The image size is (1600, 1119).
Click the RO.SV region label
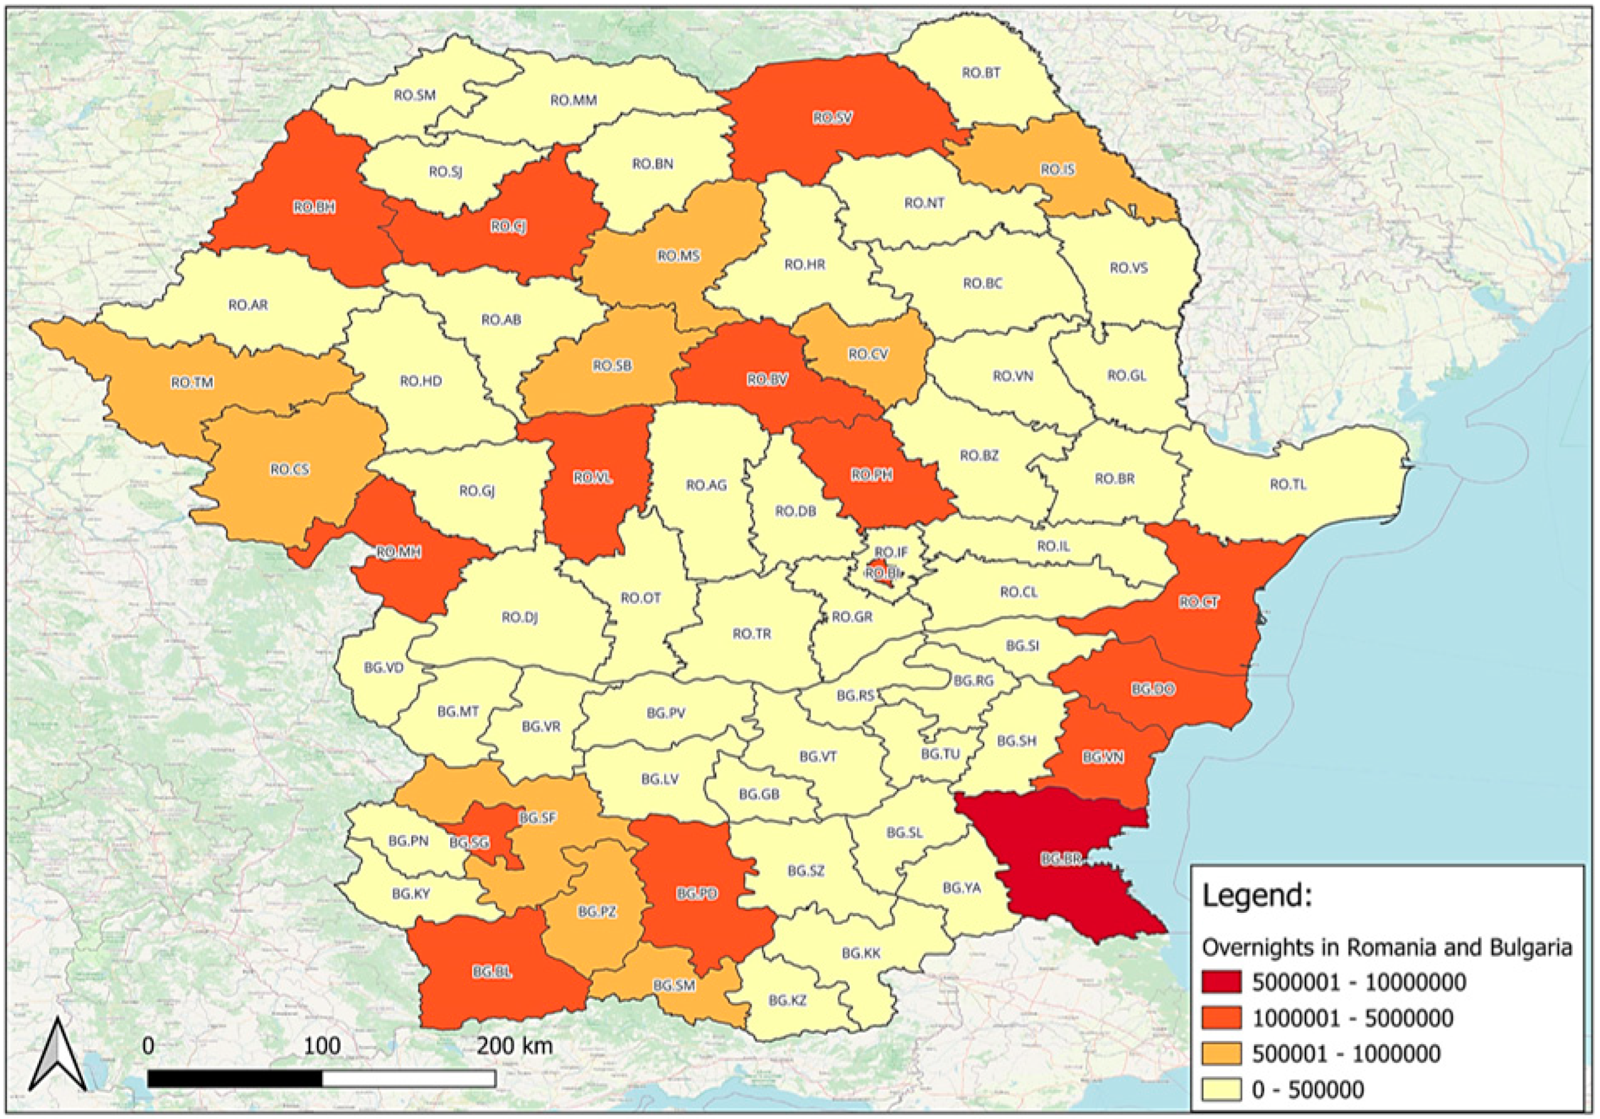832,119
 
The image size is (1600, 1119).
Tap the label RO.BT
981,73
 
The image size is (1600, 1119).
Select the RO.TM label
192,383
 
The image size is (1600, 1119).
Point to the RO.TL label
1288,484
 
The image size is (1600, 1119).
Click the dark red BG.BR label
1061,860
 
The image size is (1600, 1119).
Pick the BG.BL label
492,972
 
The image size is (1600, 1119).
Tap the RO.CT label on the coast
1199,602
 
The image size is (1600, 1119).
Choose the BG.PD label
697,893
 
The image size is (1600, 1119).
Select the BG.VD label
383,668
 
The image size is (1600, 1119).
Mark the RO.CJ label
508,226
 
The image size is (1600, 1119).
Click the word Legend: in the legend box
1256,896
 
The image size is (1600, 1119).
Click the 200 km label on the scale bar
514,1046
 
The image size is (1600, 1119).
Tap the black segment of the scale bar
235,1078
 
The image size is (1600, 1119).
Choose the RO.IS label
1057,169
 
